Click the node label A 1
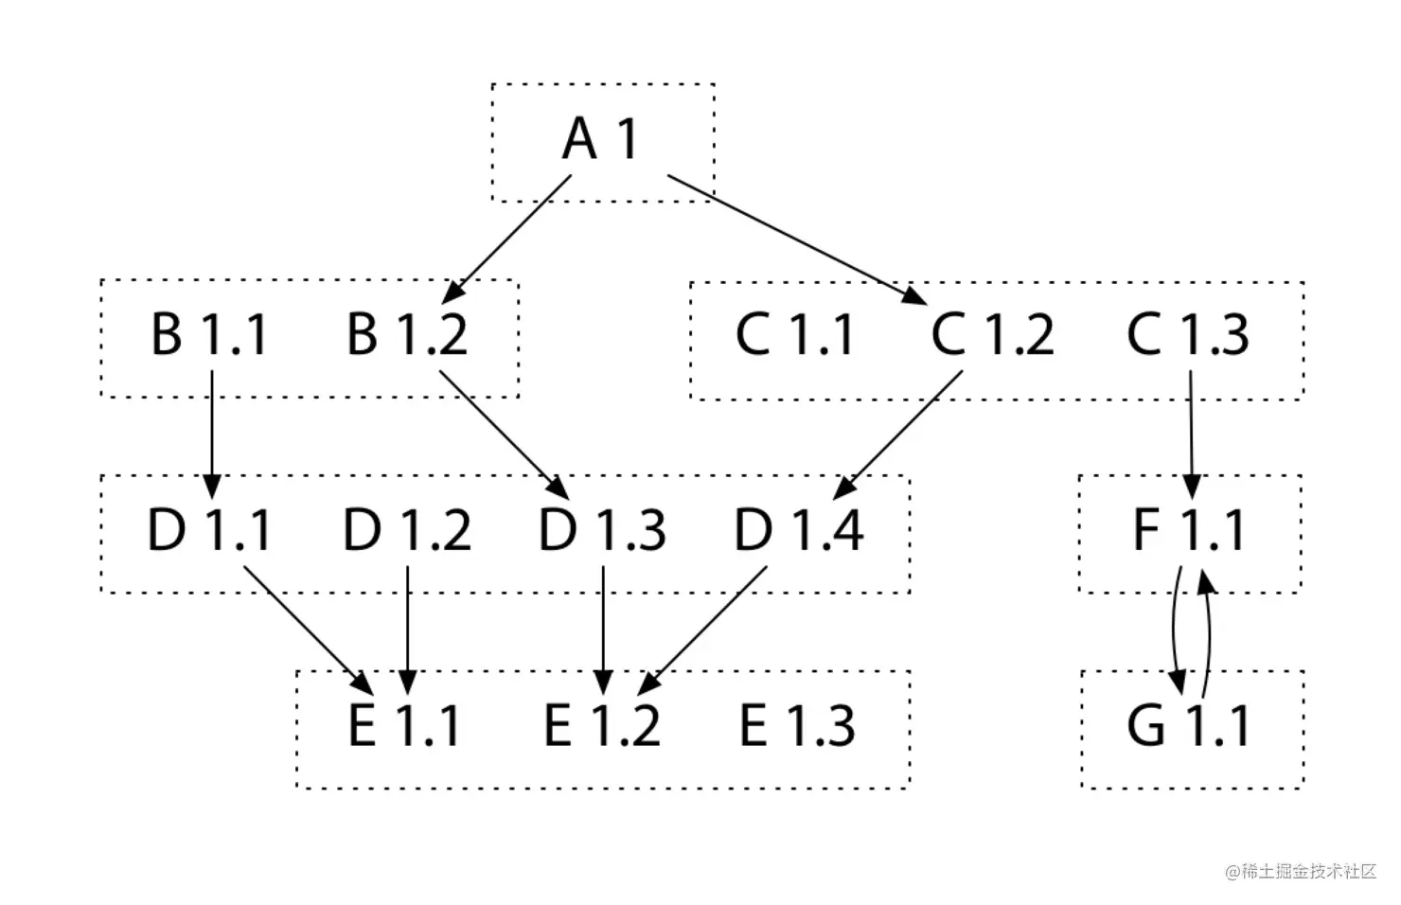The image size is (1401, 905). click(600, 138)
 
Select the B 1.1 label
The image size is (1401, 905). click(209, 334)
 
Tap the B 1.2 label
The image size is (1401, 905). click(407, 334)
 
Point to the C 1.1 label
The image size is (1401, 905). click(793, 334)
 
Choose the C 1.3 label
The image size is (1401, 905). click(1188, 334)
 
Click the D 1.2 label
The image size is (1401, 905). click(407, 530)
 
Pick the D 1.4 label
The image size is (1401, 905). click(798, 530)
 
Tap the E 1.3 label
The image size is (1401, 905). click(797, 725)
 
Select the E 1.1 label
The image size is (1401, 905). click(404, 725)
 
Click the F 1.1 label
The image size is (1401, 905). click(1190, 530)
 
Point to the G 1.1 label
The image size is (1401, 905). click(1188, 725)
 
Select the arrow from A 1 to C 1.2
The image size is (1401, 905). click(797, 240)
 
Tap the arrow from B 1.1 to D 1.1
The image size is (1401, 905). click(212, 435)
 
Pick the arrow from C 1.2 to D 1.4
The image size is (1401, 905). click(897, 435)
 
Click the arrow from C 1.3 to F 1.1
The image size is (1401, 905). click(1191, 435)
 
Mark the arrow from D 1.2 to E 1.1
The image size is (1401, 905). click(407, 630)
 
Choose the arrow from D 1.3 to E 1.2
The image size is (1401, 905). click(603, 630)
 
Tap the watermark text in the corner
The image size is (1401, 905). click(1301, 871)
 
